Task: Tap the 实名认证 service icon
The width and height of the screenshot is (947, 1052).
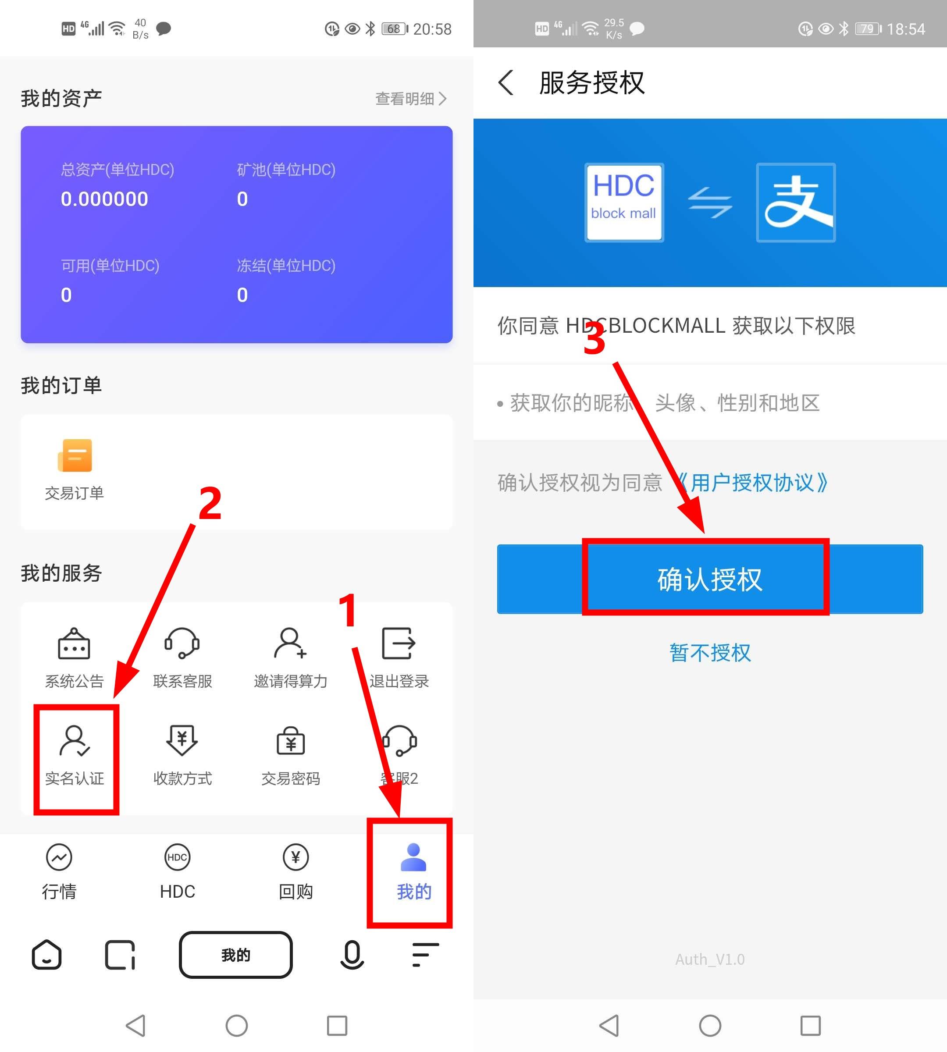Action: coord(75,740)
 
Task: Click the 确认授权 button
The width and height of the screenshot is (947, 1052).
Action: coord(710,579)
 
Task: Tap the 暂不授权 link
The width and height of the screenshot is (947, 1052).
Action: coord(710,652)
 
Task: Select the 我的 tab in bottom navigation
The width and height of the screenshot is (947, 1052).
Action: coord(414,871)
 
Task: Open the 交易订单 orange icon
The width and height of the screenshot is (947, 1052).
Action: coord(75,455)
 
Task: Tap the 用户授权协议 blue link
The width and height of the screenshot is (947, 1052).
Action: coord(753,483)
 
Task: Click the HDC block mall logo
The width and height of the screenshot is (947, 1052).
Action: coord(624,203)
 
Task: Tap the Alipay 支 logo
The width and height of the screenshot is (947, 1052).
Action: coord(796,203)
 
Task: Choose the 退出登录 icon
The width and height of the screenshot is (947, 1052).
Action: coord(399,643)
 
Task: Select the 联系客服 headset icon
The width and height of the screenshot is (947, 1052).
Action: coord(182,643)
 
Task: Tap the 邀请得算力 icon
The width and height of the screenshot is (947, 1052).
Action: coord(290,643)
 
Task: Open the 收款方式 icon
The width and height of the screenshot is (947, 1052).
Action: coord(182,740)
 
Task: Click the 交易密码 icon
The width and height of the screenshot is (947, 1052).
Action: coord(290,740)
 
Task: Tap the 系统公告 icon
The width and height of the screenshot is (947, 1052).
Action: coord(74,643)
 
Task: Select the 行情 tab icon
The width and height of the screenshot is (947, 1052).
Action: coord(59,857)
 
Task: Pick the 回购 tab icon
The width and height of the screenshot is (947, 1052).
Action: coord(295,857)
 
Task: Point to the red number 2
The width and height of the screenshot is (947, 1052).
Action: coord(210,503)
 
